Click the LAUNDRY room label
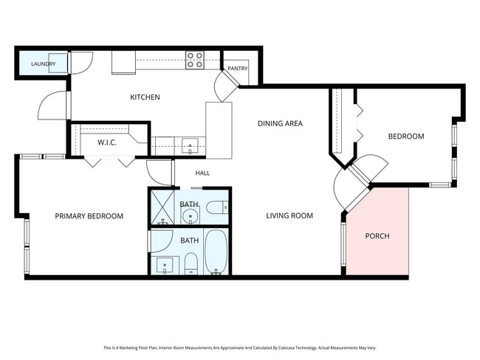click(x=43, y=64)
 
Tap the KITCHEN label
click(x=145, y=97)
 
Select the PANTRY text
click(x=238, y=69)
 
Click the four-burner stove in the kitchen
click(x=195, y=60)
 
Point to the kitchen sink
click(x=190, y=146)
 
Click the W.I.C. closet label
click(x=107, y=142)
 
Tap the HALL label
click(x=202, y=173)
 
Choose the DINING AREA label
click(x=280, y=124)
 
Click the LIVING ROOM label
click(x=289, y=215)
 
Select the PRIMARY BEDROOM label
click(x=89, y=216)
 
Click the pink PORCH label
click(x=377, y=236)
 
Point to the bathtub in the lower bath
click(x=216, y=252)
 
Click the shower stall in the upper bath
click(x=161, y=207)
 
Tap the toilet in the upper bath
click(x=217, y=208)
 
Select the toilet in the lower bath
click(x=192, y=263)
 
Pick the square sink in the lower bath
click(x=165, y=265)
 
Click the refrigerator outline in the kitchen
click(x=123, y=63)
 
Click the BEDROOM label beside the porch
click(x=406, y=136)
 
